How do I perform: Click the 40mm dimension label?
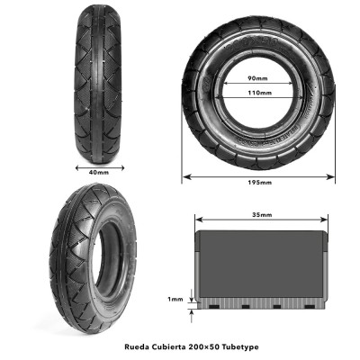click(x=99, y=173)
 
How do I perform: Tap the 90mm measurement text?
click(x=257, y=78)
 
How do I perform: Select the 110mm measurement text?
click(x=259, y=93)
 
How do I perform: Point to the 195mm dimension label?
click(x=259, y=183)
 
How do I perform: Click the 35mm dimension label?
click(x=262, y=215)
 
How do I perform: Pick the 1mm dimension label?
click(x=175, y=299)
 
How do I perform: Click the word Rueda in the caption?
click(x=135, y=347)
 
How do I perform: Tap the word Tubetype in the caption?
click(x=240, y=347)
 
